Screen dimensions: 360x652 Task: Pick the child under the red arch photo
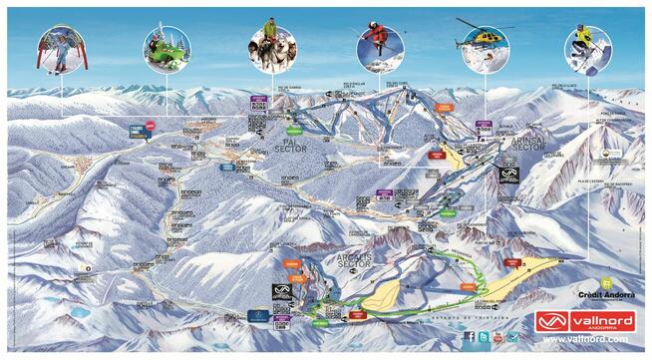coord(62,48)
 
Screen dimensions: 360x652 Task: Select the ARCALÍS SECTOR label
coord(348,260)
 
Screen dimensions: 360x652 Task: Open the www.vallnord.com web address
coord(583,339)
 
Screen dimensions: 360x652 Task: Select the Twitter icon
coord(484,337)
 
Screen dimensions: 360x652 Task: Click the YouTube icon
coord(497,337)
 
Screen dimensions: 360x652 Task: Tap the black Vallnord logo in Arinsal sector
coord(508,175)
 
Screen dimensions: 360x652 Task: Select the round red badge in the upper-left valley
coord(150,125)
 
